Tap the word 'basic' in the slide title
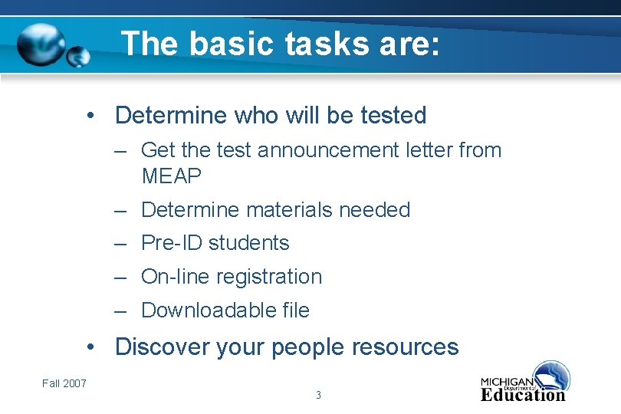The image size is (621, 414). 232,44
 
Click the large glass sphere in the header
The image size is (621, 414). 41,44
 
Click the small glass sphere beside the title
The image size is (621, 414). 78,57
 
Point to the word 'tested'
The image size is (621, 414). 393,116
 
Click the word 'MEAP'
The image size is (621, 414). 172,176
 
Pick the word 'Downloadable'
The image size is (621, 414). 199,310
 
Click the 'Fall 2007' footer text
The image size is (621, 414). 64,383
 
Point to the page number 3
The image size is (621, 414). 318,396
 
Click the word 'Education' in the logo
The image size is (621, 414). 523,396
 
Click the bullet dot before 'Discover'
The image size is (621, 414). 92,347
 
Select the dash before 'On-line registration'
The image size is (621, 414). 121,277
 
